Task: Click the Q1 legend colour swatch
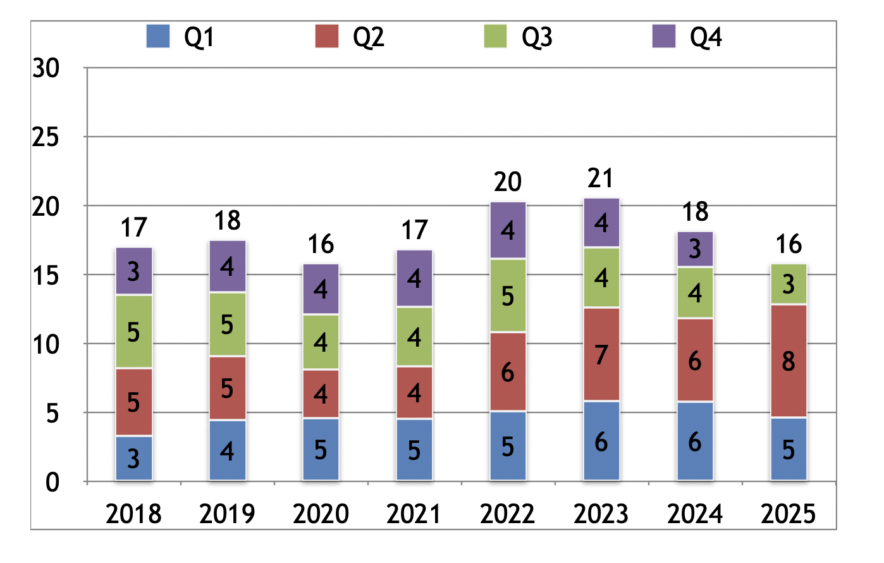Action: click(158, 36)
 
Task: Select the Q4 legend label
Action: click(706, 37)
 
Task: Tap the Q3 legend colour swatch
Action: click(495, 36)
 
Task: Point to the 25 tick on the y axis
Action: click(46, 137)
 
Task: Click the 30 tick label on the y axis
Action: click(46, 68)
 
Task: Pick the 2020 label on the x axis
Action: click(321, 514)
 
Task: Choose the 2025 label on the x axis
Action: click(788, 514)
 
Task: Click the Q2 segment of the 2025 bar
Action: click(788, 361)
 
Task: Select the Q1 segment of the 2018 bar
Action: click(133, 458)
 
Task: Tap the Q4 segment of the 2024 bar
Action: click(694, 249)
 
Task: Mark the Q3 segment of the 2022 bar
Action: click(507, 295)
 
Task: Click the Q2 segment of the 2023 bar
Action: click(601, 354)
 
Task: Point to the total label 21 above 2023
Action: click(600, 178)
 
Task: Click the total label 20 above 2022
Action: click(507, 182)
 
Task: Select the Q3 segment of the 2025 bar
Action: click(788, 284)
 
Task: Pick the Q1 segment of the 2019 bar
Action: click(227, 450)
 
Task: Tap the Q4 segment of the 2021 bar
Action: click(414, 278)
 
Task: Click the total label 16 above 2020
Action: click(321, 244)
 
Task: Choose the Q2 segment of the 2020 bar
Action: click(321, 394)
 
